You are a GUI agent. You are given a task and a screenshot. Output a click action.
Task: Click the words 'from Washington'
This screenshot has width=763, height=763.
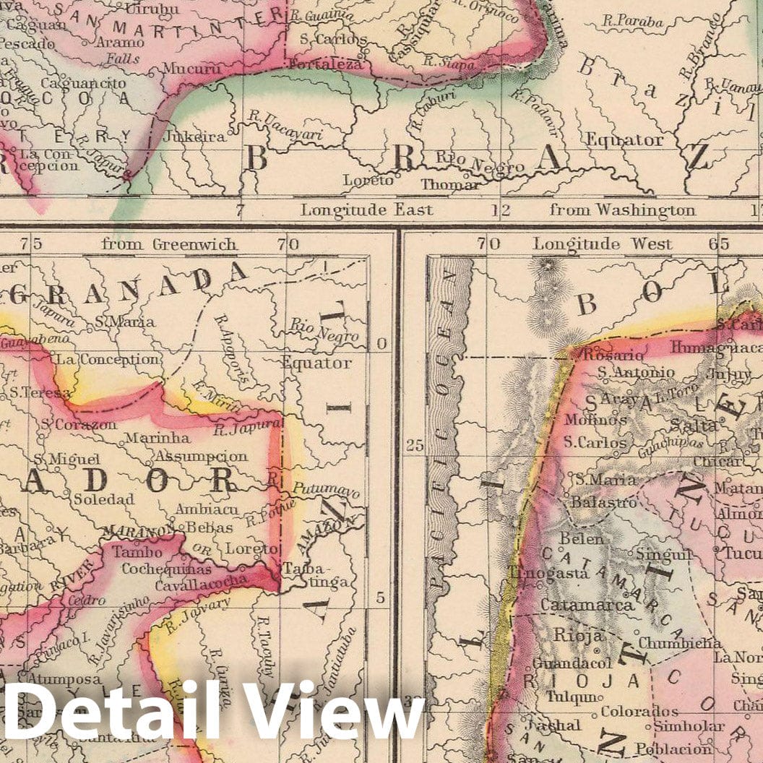[623, 210]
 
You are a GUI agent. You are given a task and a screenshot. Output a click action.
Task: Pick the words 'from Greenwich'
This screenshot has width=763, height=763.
[169, 244]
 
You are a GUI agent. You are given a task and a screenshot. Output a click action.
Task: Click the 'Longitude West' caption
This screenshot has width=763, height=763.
[602, 244]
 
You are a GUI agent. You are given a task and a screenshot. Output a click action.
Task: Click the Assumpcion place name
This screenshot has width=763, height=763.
[201, 457]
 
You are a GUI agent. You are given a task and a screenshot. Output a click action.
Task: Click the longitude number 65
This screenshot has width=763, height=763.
[718, 244]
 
